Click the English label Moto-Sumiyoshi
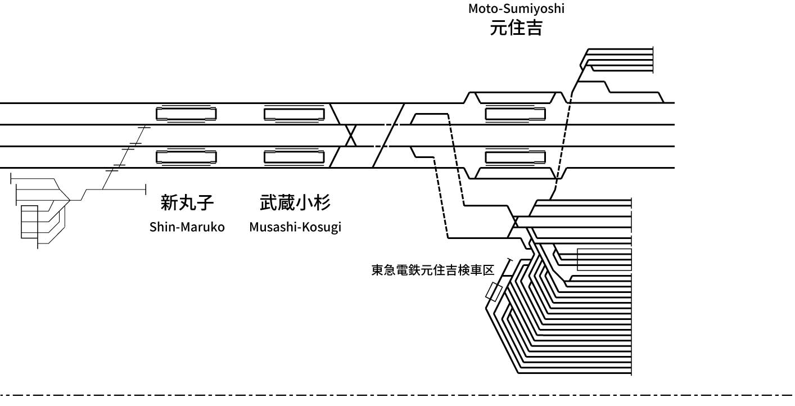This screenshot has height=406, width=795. click(x=516, y=8)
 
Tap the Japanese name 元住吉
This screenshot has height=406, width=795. click(x=516, y=28)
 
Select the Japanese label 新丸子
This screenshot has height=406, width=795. click(x=187, y=202)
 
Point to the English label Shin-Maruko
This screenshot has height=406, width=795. click(x=187, y=227)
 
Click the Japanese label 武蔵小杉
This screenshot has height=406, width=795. click(x=295, y=202)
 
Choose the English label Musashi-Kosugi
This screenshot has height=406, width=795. click(x=295, y=228)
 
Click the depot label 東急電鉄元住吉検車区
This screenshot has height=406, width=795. click(x=432, y=270)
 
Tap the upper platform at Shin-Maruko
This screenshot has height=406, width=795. click(x=186, y=114)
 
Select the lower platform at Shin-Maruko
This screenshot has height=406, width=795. click(x=186, y=157)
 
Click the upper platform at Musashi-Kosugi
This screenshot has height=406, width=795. click(x=295, y=114)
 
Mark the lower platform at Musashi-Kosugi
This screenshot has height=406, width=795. click(x=295, y=157)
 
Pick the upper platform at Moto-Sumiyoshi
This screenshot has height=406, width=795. click(x=516, y=114)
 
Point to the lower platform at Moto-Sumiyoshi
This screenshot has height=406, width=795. click(x=516, y=157)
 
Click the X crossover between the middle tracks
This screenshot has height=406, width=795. click(x=351, y=136)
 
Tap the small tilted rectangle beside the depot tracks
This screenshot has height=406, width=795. click(x=494, y=292)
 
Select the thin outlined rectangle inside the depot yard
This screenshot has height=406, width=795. click(x=604, y=259)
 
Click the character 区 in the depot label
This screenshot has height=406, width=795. click(x=489, y=270)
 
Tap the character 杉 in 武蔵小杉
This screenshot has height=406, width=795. click(x=322, y=202)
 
